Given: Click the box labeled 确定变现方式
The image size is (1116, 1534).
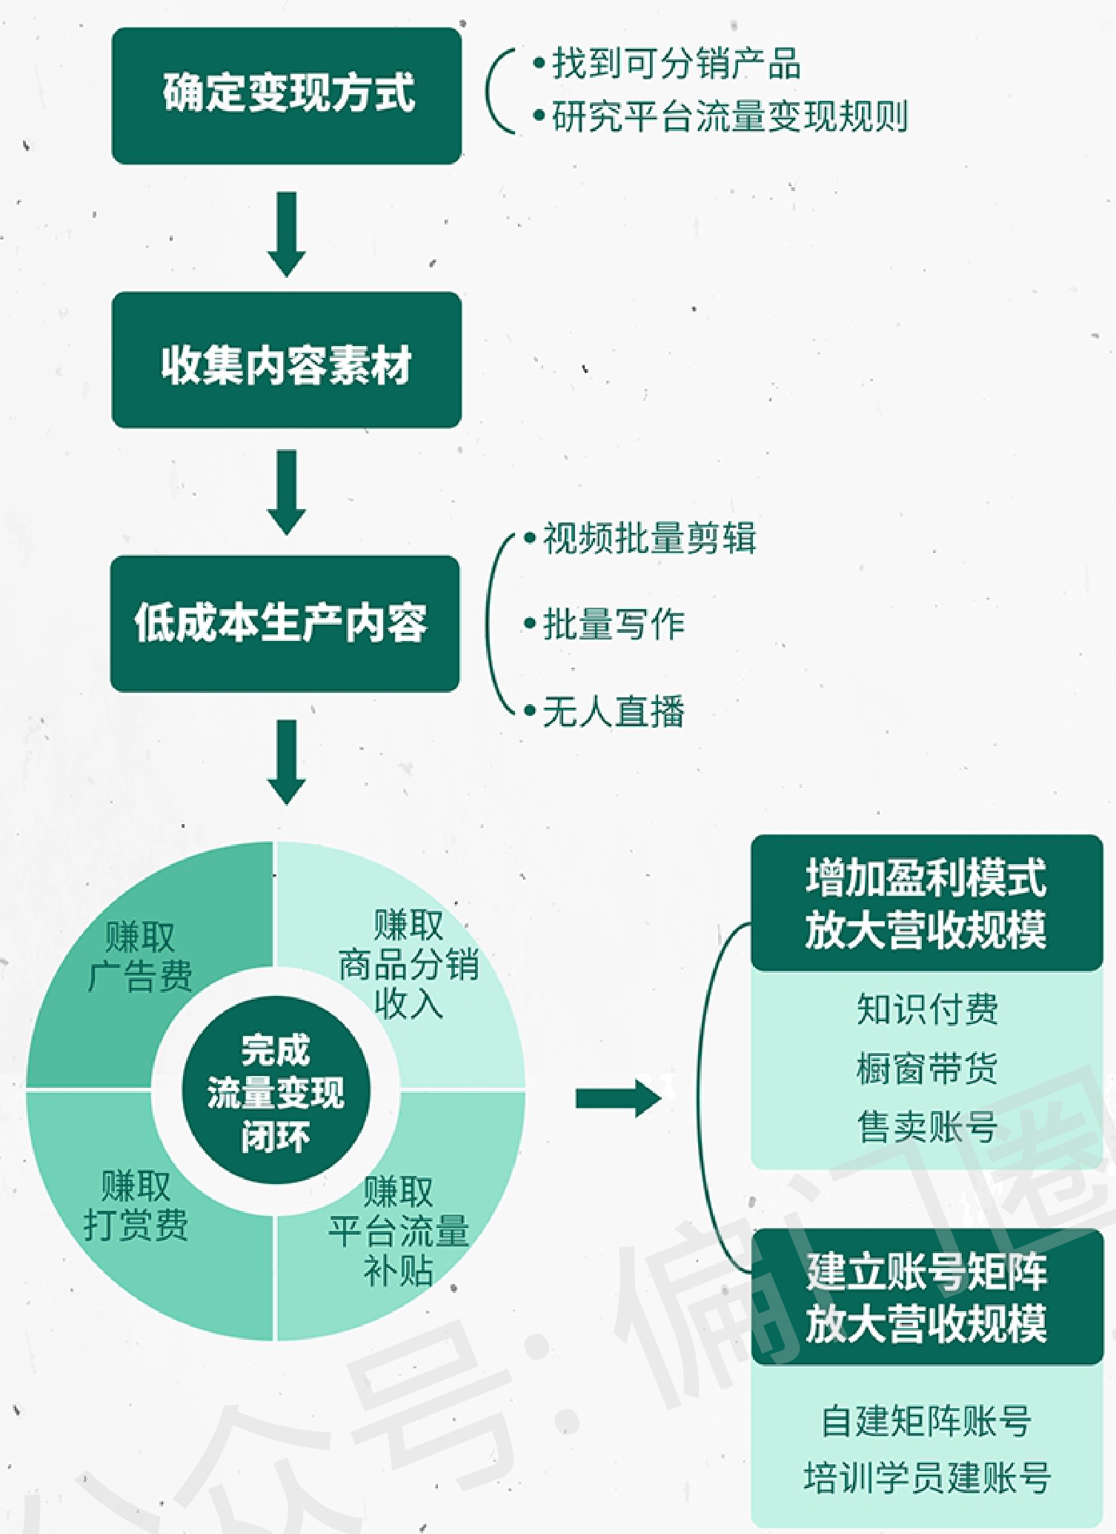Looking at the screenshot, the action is [x=287, y=96].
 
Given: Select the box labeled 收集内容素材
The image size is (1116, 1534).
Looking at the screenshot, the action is [x=287, y=360].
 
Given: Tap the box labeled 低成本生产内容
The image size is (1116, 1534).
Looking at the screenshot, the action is [x=285, y=624].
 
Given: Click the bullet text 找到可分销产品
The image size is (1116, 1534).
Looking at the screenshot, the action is [x=676, y=64].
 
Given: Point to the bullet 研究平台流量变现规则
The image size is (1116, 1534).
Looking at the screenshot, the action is [x=729, y=116].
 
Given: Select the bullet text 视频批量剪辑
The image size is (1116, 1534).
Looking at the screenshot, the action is [x=649, y=539].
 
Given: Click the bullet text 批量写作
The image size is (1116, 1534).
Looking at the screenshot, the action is [x=614, y=625].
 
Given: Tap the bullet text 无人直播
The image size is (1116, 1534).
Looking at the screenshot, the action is [x=614, y=712].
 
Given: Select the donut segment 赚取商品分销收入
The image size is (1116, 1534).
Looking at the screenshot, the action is [x=409, y=965].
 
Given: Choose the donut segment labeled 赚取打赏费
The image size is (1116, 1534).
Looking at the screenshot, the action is [x=136, y=1206].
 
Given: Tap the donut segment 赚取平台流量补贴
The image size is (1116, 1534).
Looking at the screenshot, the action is [x=399, y=1231].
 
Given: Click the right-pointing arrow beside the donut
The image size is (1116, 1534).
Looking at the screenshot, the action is [x=617, y=1098].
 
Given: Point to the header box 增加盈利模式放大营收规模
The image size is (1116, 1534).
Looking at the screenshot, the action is [x=926, y=903].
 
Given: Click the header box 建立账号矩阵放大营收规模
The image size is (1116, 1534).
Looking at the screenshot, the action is [x=926, y=1297].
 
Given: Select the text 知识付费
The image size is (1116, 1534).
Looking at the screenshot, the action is [x=927, y=1009].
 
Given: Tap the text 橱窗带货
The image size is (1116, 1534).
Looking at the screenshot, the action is [x=927, y=1069].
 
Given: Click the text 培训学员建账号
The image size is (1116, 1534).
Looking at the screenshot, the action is [x=927, y=1478].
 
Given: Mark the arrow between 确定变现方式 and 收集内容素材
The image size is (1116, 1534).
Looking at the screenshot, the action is [x=287, y=234].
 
